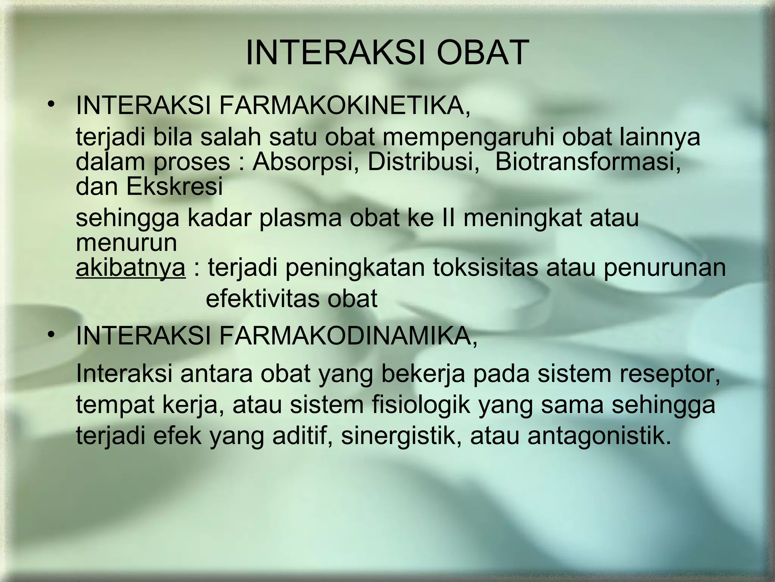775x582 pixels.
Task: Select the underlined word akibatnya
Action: point(131,268)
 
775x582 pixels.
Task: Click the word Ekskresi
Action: point(174,186)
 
